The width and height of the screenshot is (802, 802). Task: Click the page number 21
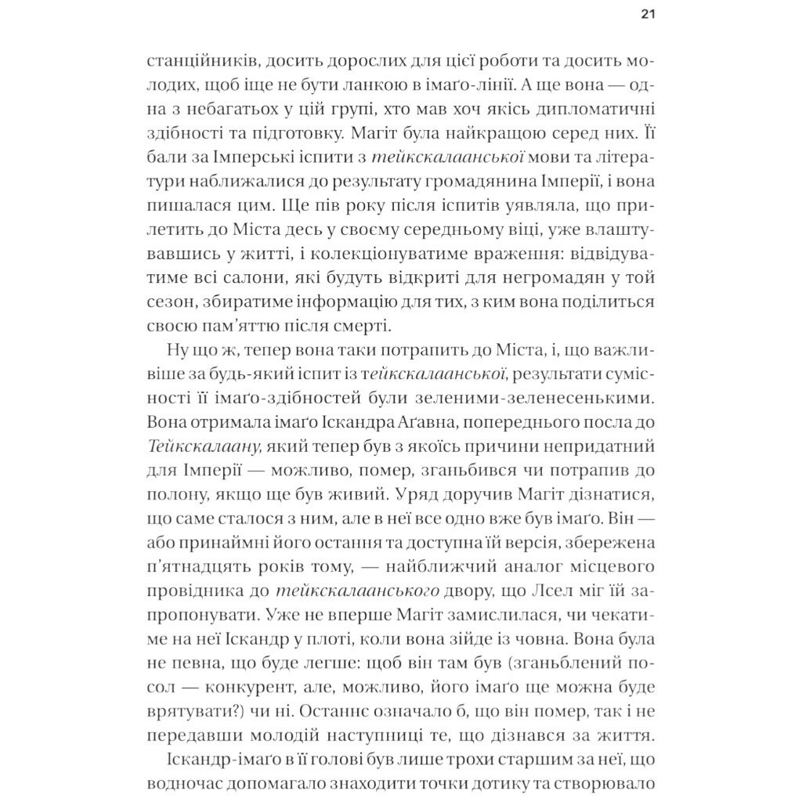coord(646,13)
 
